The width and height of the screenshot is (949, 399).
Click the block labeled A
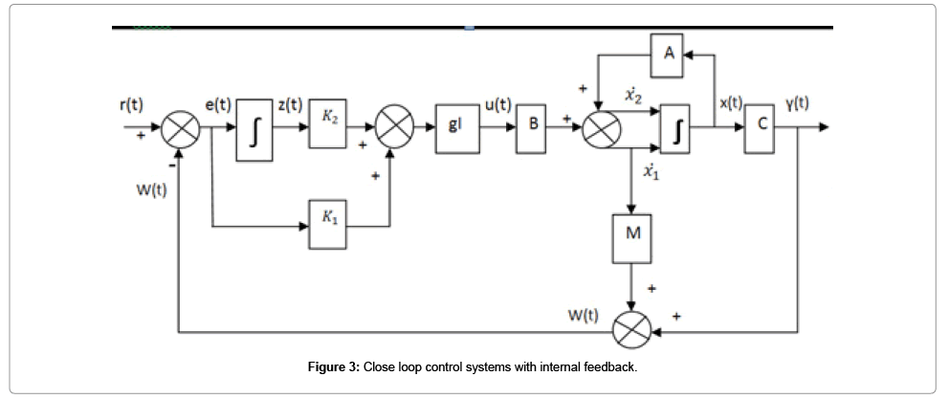(x=669, y=55)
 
